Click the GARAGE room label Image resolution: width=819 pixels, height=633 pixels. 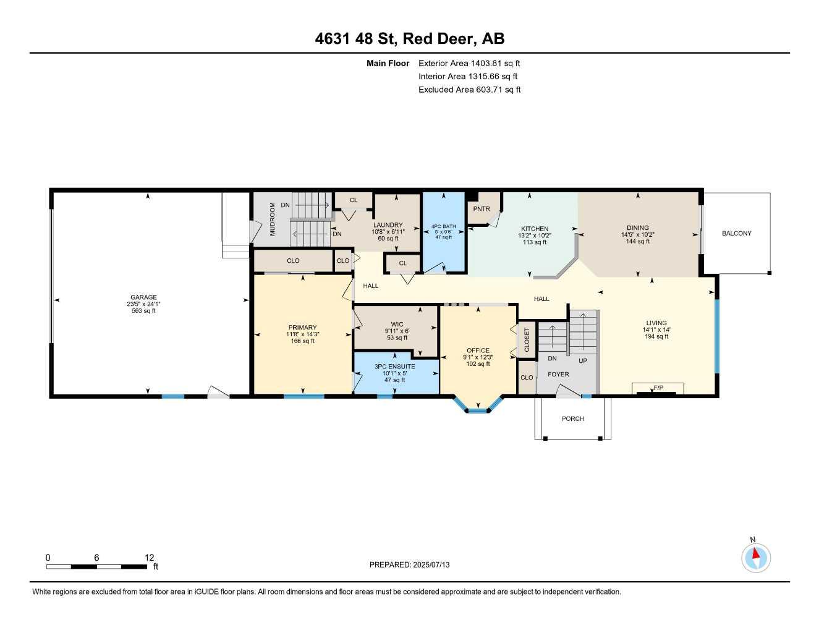click(143, 297)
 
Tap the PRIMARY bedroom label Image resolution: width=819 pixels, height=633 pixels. click(302, 328)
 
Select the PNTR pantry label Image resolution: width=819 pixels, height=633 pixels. click(482, 209)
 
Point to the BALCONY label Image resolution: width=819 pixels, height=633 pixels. click(736, 233)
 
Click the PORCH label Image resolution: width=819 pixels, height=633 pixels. click(572, 418)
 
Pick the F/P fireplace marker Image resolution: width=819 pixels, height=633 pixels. click(658, 388)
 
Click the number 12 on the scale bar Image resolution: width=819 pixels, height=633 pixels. click(149, 557)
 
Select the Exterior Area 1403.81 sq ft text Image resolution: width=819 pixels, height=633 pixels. click(469, 63)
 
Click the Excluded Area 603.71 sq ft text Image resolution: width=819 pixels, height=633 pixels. click(469, 90)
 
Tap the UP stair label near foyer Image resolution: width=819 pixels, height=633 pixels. click(583, 360)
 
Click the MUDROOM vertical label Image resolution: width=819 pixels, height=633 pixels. click(273, 219)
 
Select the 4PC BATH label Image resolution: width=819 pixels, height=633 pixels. click(444, 226)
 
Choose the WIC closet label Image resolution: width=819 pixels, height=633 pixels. click(397, 324)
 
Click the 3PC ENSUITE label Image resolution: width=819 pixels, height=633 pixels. click(394, 366)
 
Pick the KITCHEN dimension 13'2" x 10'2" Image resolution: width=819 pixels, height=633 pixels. click(535, 236)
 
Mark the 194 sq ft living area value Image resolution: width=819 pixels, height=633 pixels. click(656, 336)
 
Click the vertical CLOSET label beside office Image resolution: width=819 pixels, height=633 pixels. click(527, 340)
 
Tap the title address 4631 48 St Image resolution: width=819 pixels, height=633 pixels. click(356, 39)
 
